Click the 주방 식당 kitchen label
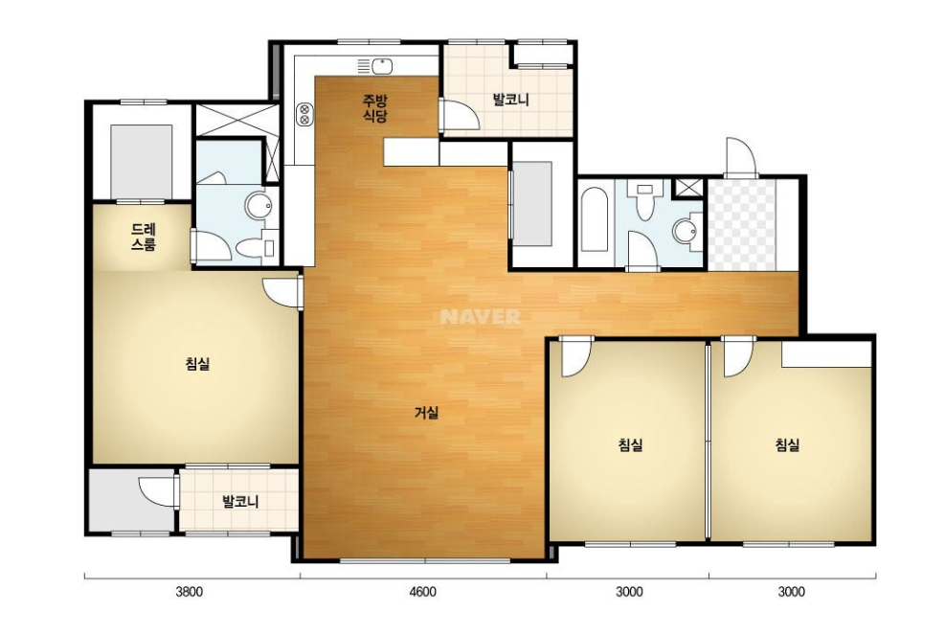374,107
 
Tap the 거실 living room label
427,413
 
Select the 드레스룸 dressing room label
144,237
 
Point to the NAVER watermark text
481,317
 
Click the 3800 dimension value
190,592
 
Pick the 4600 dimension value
422,592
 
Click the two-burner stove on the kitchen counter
305,115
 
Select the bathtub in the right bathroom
595,219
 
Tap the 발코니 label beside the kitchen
510,99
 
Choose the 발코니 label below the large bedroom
240,501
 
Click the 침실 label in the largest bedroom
197,364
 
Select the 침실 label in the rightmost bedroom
787,445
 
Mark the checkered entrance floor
741,224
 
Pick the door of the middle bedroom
575,357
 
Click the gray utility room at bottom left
132,500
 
